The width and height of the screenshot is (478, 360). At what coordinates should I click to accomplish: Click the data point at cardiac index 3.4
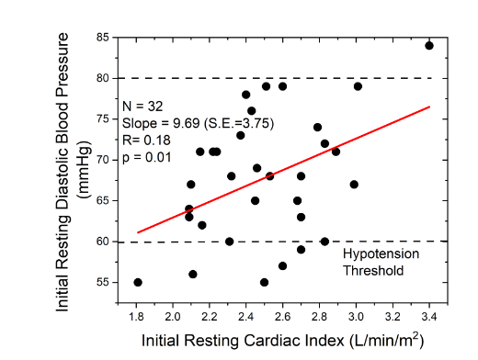pyautogui.click(x=429, y=45)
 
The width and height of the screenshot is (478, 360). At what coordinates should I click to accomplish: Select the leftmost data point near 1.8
pyautogui.click(x=138, y=282)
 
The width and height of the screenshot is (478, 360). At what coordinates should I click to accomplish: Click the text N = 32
pyautogui.click(x=142, y=106)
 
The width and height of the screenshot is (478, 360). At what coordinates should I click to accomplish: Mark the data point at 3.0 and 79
pyautogui.click(x=358, y=86)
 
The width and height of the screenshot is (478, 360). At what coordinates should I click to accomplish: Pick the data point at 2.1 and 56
pyautogui.click(x=193, y=274)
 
